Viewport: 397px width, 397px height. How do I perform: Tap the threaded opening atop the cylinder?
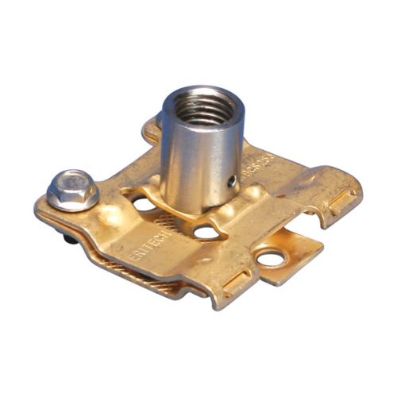tap(202, 106)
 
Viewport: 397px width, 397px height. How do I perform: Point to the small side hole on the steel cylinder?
tap(231, 181)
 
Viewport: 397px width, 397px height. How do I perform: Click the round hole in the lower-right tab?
tap(271, 258)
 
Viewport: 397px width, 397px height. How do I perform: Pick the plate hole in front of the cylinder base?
tap(204, 233)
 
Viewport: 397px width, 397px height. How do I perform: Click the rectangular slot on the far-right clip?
tap(343, 203)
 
